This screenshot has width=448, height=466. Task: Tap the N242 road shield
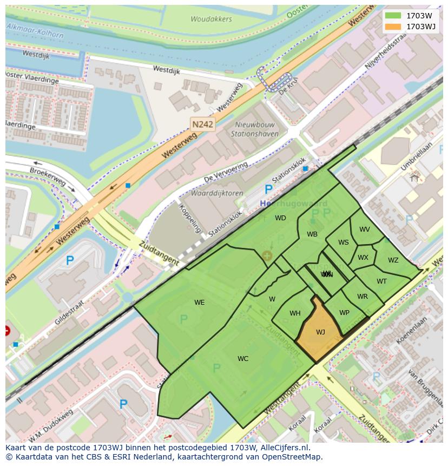point(203,124)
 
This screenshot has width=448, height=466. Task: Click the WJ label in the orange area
point(320,332)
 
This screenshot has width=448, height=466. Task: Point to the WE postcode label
point(199,303)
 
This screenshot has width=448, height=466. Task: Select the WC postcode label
point(243,359)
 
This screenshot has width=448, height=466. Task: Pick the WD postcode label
point(280,218)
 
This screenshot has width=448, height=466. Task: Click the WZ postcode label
point(393,260)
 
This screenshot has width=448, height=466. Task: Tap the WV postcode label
point(365,229)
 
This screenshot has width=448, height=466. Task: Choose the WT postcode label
point(381,281)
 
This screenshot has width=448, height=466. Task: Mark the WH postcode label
point(295,313)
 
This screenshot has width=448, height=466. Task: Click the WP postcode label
point(344,313)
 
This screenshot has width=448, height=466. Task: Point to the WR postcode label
point(362,297)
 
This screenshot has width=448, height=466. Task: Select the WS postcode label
point(343,242)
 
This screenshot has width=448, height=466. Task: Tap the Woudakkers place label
point(211,19)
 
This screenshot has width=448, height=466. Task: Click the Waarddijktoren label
point(217,193)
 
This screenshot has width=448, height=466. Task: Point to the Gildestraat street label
point(70,313)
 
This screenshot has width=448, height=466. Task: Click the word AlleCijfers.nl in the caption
point(284,448)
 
